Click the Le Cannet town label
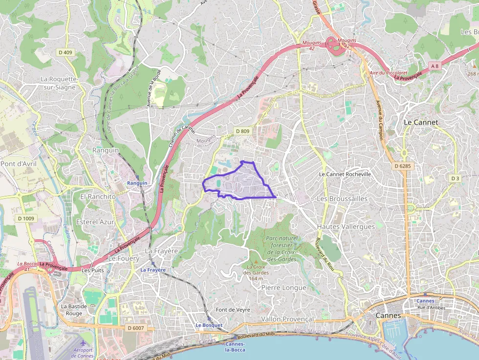coord(421,122)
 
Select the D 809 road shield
coord(242,131)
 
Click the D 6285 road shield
coord(402,166)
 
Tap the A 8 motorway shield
coord(435,65)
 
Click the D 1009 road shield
coord(25,218)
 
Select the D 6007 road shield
coord(135,328)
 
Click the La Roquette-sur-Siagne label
coord(59,83)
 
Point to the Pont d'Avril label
coord(19,164)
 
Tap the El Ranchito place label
coord(98,196)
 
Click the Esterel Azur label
coord(95,222)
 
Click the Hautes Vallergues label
coord(346,227)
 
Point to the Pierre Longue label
coord(283,288)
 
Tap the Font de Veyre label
coord(233,310)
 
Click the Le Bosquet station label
coord(209,325)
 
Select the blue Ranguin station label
coord(137,183)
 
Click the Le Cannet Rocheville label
coord(345,174)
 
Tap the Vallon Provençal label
coord(287,319)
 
